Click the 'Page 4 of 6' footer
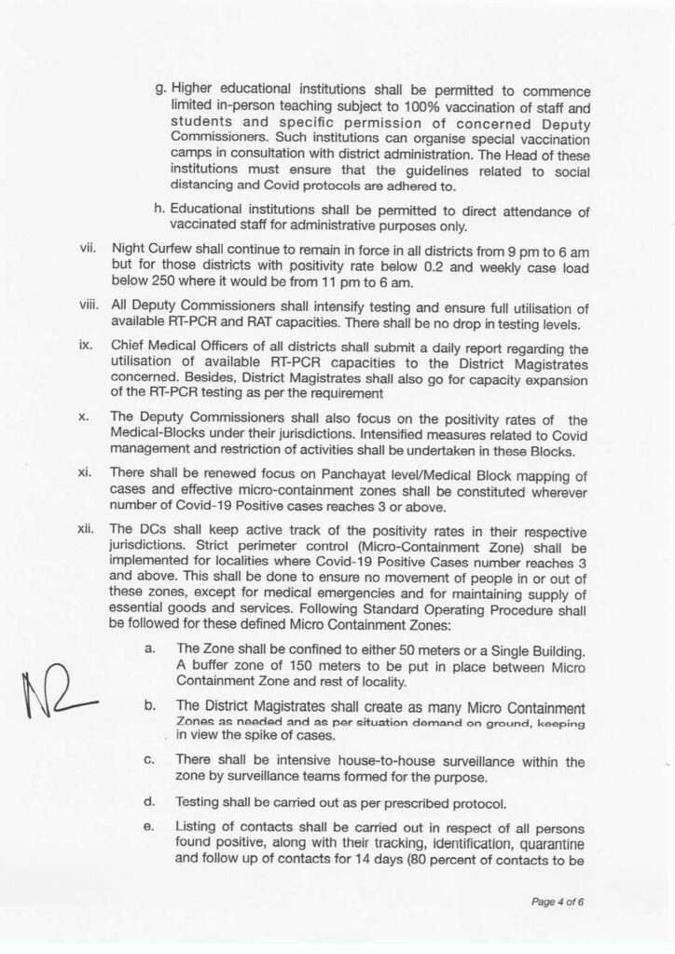558,902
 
